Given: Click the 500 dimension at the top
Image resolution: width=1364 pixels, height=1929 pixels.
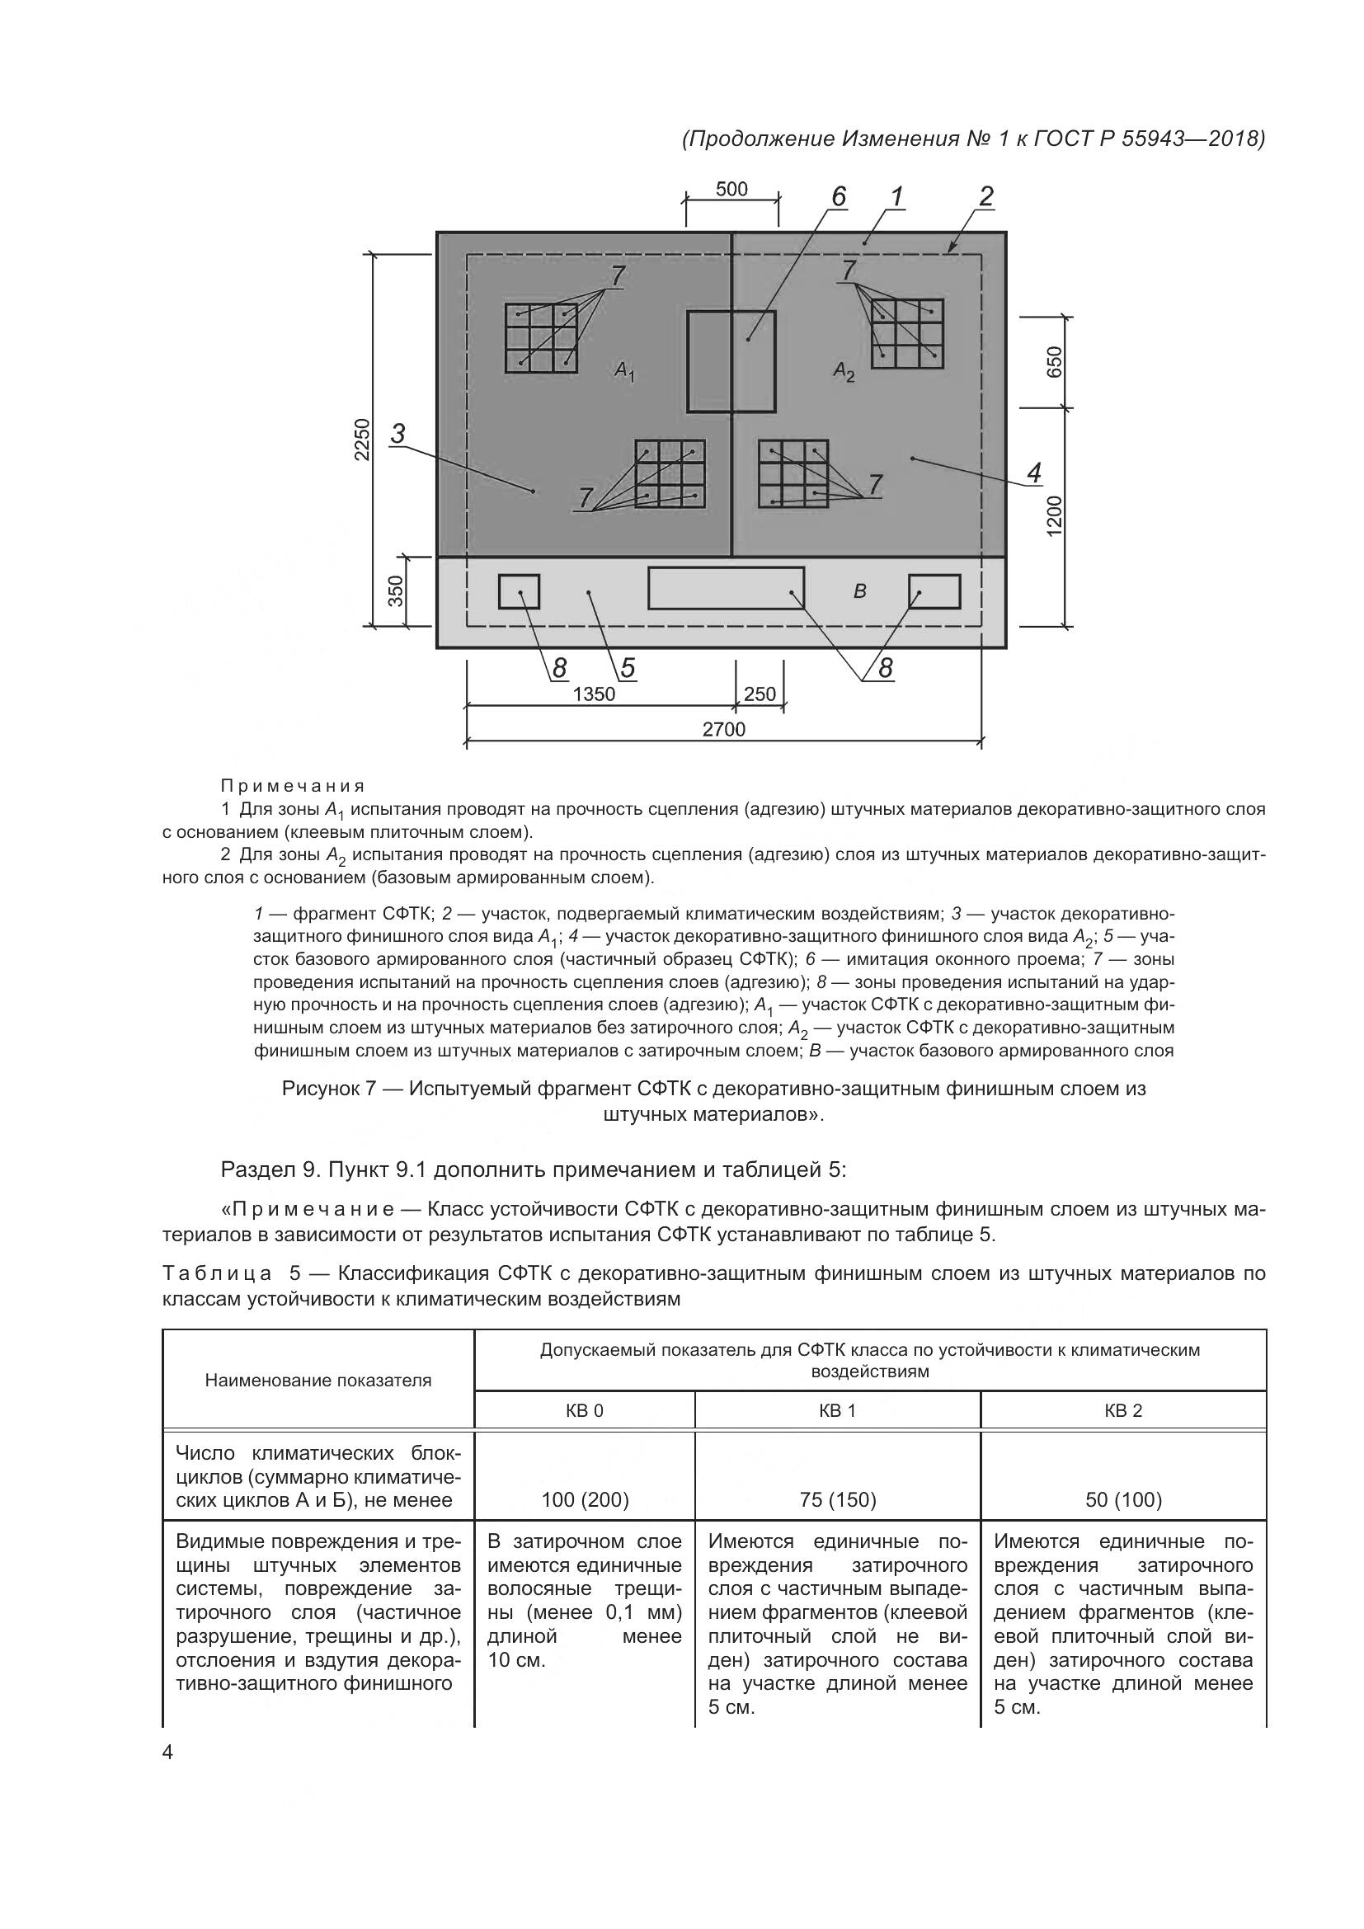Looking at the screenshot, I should (731, 189).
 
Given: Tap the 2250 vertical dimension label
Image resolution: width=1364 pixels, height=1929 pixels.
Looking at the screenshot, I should (361, 439).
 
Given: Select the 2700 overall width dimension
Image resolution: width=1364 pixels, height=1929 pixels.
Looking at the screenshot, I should (723, 729).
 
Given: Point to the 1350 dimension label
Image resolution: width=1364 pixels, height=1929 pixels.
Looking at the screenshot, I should (594, 694).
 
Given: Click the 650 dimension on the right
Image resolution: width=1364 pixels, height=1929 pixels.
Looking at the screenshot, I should (1055, 361).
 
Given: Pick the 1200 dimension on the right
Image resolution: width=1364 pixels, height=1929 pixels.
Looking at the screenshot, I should (1055, 515).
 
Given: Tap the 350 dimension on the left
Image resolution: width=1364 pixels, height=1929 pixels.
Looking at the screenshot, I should (396, 590).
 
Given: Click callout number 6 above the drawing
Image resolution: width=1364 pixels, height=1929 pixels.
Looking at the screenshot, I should (837, 196).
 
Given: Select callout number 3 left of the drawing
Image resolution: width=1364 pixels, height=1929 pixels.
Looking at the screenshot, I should (398, 434).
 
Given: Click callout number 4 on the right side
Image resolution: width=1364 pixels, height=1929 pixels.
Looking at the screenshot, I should (1034, 473).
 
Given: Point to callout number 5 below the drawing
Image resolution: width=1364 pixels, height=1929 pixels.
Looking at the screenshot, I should (628, 668).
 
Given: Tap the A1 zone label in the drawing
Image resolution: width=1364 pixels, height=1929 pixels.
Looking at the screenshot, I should (624, 369).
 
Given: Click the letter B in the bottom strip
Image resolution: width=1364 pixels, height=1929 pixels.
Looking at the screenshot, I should (859, 591).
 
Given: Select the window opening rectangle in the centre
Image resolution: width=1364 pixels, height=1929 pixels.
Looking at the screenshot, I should (731, 361).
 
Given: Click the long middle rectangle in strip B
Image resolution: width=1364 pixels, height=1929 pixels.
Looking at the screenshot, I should (726, 588).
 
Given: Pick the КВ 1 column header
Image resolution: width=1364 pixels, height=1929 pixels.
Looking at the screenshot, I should (836, 1410).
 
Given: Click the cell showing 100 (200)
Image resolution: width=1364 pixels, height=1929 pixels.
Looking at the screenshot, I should (585, 1499).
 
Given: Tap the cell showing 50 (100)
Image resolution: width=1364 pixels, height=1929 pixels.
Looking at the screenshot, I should (1123, 1499).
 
